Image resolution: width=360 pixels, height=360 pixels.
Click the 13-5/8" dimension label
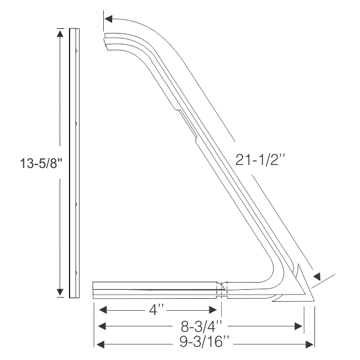click(41, 163)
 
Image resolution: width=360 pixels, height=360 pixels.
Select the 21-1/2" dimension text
click(260, 160)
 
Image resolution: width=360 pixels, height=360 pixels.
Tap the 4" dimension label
click(157, 311)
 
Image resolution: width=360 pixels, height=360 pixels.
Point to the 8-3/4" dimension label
click(202, 326)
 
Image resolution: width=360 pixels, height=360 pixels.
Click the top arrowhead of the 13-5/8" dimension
click(60, 34)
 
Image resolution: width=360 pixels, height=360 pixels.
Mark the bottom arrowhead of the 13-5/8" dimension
click(60, 292)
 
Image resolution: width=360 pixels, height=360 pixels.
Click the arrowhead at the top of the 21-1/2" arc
click(108, 19)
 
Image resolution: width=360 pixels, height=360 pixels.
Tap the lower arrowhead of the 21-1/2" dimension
click(317, 277)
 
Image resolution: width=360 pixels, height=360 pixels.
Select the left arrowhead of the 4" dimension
click(103, 310)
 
